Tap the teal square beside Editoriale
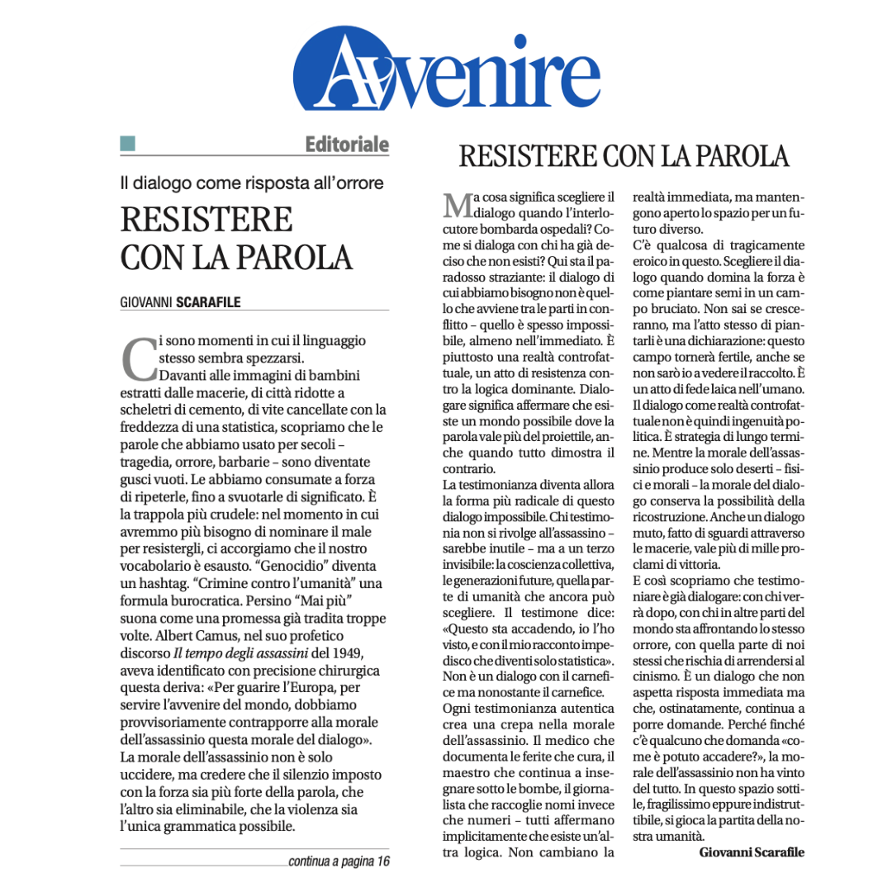(x=128, y=144)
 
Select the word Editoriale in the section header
(x=347, y=145)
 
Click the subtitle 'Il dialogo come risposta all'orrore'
(x=252, y=183)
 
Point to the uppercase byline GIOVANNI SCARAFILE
(x=181, y=301)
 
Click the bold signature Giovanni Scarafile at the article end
(x=751, y=852)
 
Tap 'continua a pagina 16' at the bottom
(x=339, y=861)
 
